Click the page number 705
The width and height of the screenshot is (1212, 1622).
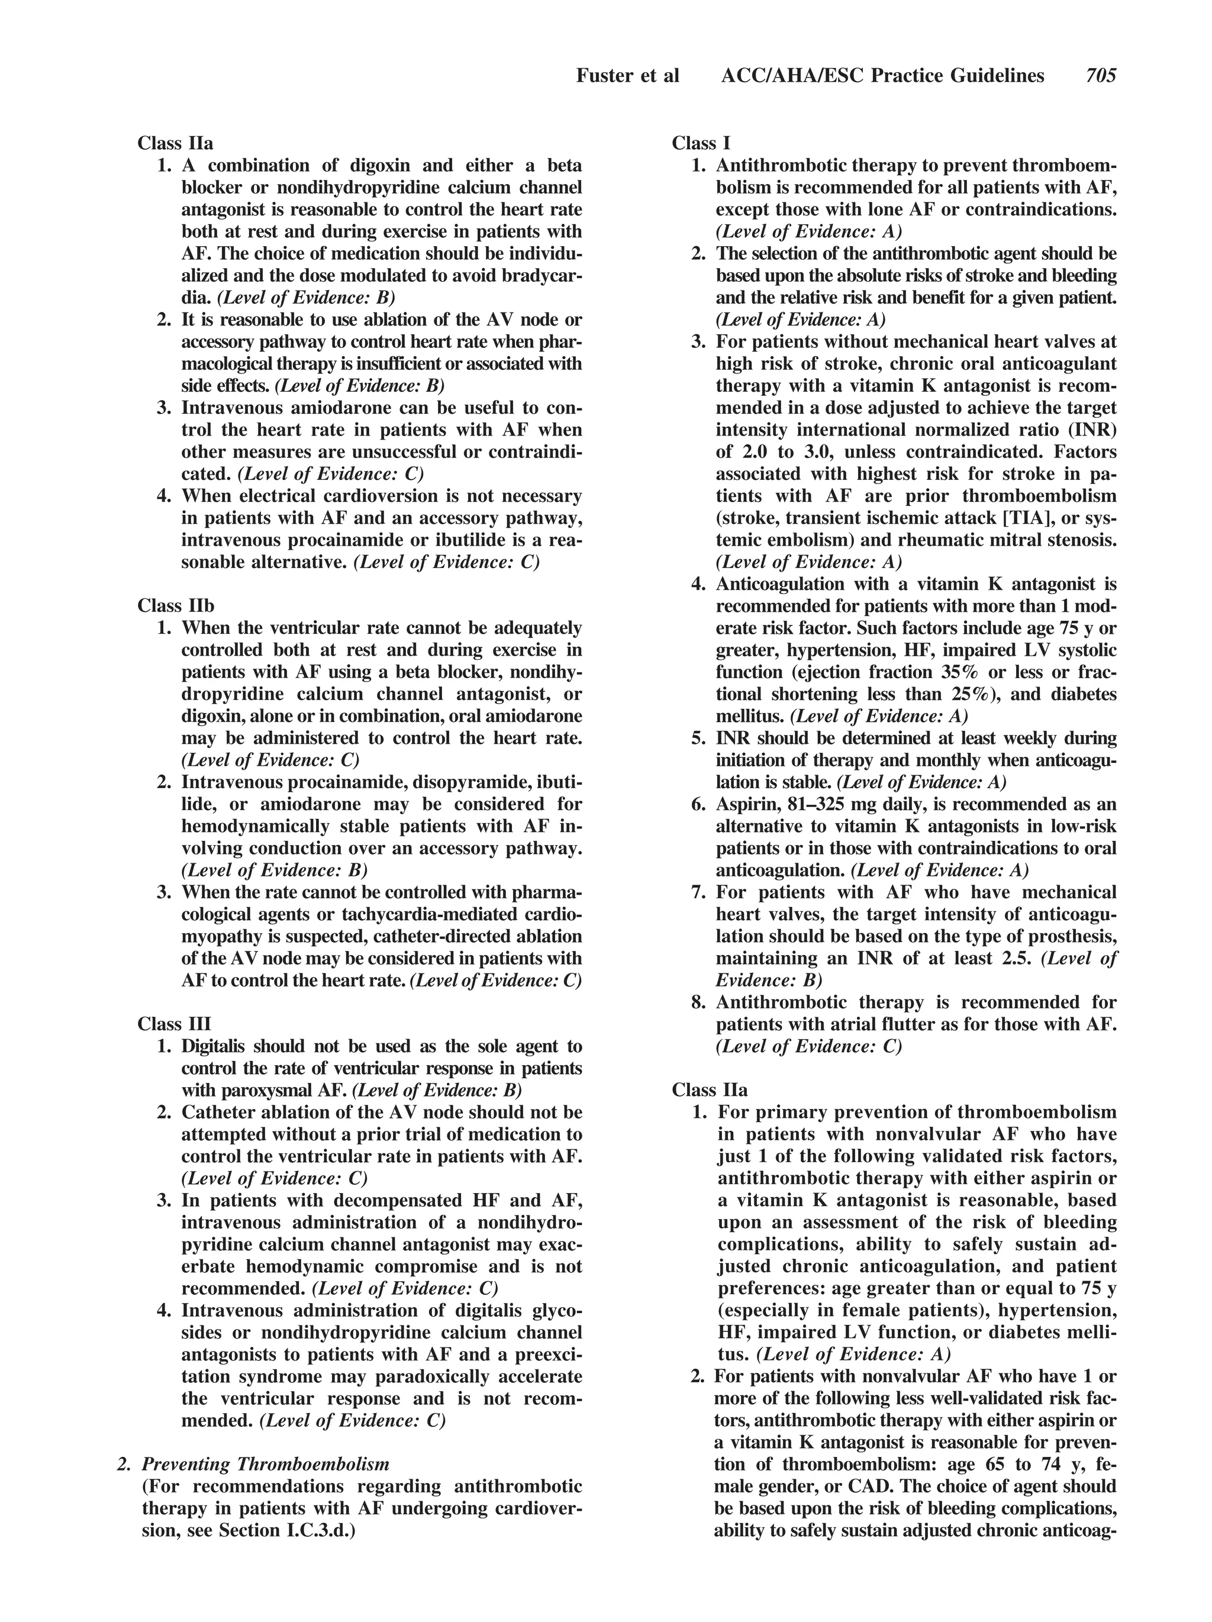tap(1101, 76)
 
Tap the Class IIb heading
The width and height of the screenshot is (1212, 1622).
tap(175, 606)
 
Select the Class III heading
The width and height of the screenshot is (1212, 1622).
tap(174, 1024)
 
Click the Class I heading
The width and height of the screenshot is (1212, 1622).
tap(700, 143)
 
